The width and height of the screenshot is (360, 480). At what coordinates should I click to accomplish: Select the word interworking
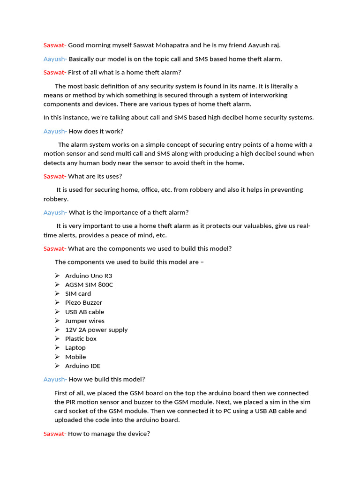coord(268,95)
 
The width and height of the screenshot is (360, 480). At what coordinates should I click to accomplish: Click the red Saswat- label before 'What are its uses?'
coord(55,176)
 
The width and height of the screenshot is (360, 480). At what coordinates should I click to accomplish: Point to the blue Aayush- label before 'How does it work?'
coord(55,131)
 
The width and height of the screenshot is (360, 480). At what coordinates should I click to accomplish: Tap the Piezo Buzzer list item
coord(83,303)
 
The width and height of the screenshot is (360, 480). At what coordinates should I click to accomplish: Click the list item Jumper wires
coord(85,321)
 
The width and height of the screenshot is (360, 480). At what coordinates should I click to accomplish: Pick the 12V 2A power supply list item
coord(96,330)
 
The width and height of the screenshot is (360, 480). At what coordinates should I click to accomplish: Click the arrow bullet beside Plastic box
coord(57,338)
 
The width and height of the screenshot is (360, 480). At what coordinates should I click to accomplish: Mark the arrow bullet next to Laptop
coord(57,347)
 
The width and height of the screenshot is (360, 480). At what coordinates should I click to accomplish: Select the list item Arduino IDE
coord(82,366)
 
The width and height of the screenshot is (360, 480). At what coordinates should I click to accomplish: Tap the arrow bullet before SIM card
coord(57,293)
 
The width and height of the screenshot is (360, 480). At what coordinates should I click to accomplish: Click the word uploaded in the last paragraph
coord(71,420)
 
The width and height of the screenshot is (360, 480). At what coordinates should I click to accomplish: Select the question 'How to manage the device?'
coord(109,434)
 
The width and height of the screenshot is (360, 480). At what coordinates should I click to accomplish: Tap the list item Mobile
coord(75,357)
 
